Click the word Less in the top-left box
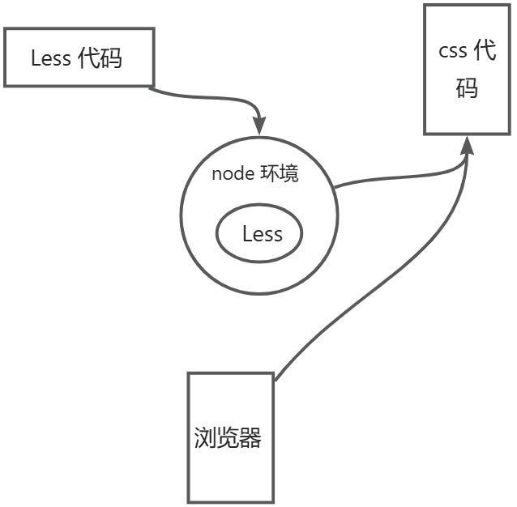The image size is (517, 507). [x=51, y=58]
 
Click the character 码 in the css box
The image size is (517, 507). [x=467, y=87]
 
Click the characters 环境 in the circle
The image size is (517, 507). [x=280, y=174]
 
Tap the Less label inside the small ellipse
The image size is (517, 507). [x=263, y=235]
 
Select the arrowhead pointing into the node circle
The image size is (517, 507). [x=259, y=126]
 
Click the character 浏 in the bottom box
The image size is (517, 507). [x=205, y=438]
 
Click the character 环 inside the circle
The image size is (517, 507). [x=269, y=174]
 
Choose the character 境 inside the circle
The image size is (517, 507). [x=289, y=174]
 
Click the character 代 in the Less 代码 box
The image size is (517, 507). [x=89, y=58]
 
